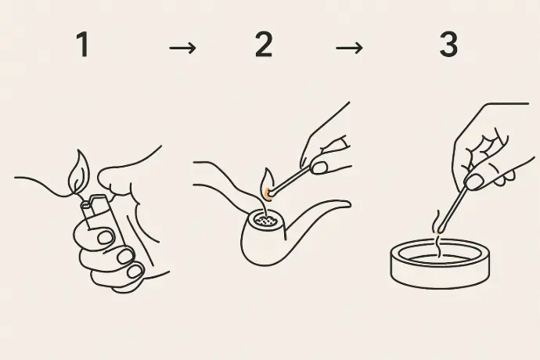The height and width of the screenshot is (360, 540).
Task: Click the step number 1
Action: pyautogui.click(x=83, y=44)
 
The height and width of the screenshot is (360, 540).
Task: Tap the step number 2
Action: pyautogui.click(x=264, y=44)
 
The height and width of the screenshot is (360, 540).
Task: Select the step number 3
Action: pyautogui.click(x=448, y=44)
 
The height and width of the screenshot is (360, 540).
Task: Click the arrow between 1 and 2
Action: pyautogui.click(x=182, y=48)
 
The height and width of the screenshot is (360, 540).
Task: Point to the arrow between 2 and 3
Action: pyautogui.click(x=349, y=48)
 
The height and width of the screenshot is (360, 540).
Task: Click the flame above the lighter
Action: pyautogui.click(x=78, y=172)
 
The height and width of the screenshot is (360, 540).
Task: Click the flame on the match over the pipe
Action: pyautogui.click(x=268, y=181)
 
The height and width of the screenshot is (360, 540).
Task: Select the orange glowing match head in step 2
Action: pyautogui.click(x=268, y=194)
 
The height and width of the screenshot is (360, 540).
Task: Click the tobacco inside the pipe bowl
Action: pyautogui.click(x=265, y=221)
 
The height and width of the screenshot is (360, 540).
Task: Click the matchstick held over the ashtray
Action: pyautogui.click(x=453, y=208)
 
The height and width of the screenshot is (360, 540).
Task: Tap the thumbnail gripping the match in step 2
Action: pyautogui.click(x=319, y=167)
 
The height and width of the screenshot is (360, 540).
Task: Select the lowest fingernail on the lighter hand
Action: pyautogui.click(x=135, y=271)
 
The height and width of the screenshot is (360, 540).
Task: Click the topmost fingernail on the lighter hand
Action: pyautogui.click(x=106, y=238)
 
